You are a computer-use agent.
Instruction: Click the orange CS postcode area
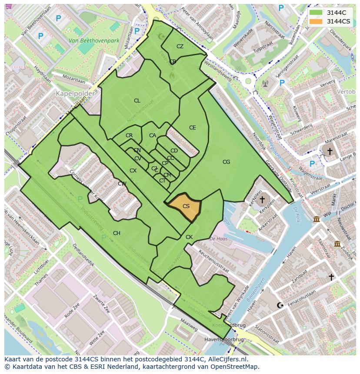[x=185, y=207]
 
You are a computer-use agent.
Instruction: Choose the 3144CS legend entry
[x=330, y=21]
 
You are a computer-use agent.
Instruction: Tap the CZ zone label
[x=180, y=46]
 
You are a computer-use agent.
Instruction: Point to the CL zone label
[x=137, y=101]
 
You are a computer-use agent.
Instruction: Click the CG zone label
[x=226, y=162]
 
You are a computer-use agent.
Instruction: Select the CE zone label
[x=192, y=128]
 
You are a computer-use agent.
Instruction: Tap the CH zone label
[x=117, y=233]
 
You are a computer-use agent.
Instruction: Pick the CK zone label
[x=189, y=237]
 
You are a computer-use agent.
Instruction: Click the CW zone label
[x=122, y=184]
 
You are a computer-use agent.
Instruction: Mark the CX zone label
[x=133, y=171]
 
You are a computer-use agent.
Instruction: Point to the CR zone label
[x=129, y=136]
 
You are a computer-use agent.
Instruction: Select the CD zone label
[x=174, y=151]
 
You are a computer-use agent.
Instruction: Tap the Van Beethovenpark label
[x=94, y=41]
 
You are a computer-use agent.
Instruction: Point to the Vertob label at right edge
[x=346, y=92]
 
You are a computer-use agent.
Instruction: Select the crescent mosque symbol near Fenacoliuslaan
[x=280, y=305]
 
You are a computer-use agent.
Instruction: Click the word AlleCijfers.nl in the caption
[x=227, y=359]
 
